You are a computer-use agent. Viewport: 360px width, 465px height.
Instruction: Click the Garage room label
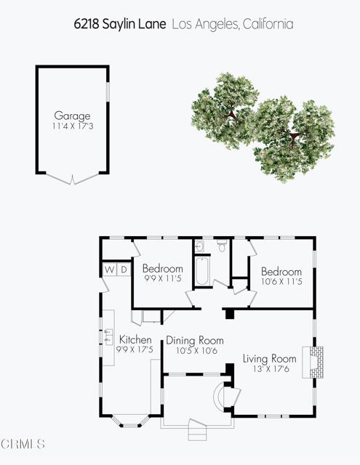pyautogui.click(x=72, y=116)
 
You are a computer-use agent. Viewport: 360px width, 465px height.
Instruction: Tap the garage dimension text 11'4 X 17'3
pyautogui.click(x=73, y=126)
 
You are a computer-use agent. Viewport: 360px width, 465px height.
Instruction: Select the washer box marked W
pyautogui.click(x=110, y=270)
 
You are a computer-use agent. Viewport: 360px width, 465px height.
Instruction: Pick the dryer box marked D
pyautogui.click(x=124, y=270)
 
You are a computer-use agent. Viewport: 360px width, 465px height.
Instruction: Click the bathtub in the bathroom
pyautogui.click(x=203, y=271)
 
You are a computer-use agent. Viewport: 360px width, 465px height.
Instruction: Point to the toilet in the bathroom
pyautogui.click(x=222, y=246)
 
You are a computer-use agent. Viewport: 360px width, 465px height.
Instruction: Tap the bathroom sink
pyautogui.click(x=199, y=246)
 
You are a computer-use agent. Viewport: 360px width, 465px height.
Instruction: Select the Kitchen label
pyautogui.click(x=135, y=339)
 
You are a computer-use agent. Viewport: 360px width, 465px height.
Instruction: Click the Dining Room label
pyautogui.click(x=195, y=340)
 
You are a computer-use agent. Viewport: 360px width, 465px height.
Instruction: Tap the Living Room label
pyautogui.click(x=270, y=359)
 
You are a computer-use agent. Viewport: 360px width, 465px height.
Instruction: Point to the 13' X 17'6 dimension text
pyautogui.click(x=271, y=369)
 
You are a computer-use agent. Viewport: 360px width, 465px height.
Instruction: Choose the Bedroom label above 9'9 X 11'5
pyautogui.click(x=163, y=268)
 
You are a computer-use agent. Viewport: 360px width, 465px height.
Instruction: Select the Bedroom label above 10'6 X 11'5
pyautogui.click(x=281, y=271)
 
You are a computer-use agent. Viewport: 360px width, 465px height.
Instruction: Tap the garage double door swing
pyautogui.click(x=72, y=179)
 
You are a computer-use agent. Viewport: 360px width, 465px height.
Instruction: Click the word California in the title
pyautogui.click(x=268, y=24)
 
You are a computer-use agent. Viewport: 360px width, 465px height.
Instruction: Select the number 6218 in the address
pyautogui.click(x=86, y=24)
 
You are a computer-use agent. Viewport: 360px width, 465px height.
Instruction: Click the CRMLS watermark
pyautogui.click(x=23, y=444)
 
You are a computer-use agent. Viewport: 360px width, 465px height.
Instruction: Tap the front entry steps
pyautogui.click(x=197, y=430)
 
